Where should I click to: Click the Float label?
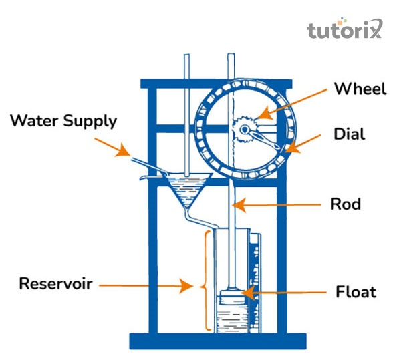pos(356,292)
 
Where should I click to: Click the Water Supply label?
pos(63,121)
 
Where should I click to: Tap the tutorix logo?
pos(344,29)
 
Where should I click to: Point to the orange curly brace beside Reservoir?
pos(207,281)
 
